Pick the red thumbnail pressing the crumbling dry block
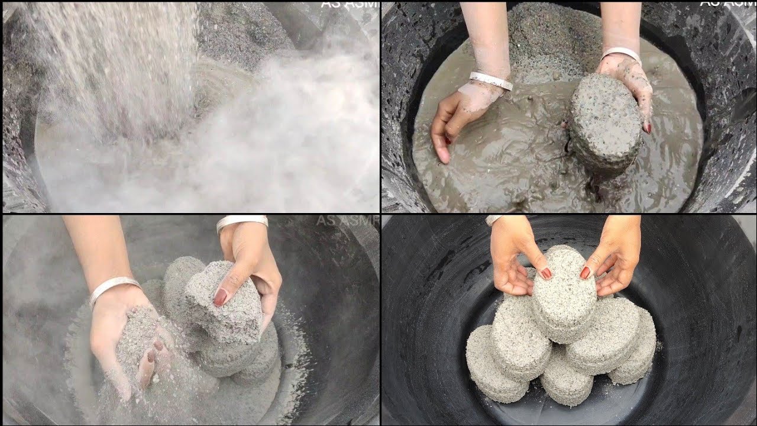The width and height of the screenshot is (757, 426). click(x=220, y=297)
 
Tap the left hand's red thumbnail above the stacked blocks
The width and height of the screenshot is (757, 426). click(x=546, y=273)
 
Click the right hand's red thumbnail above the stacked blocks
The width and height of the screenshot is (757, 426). click(x=585, y=272)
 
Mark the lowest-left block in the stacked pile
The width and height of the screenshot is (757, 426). click(x=494, y=367)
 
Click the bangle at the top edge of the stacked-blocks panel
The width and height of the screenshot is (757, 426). click(x=493, y=220)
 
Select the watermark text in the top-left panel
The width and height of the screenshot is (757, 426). click(x=349, y=4)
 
